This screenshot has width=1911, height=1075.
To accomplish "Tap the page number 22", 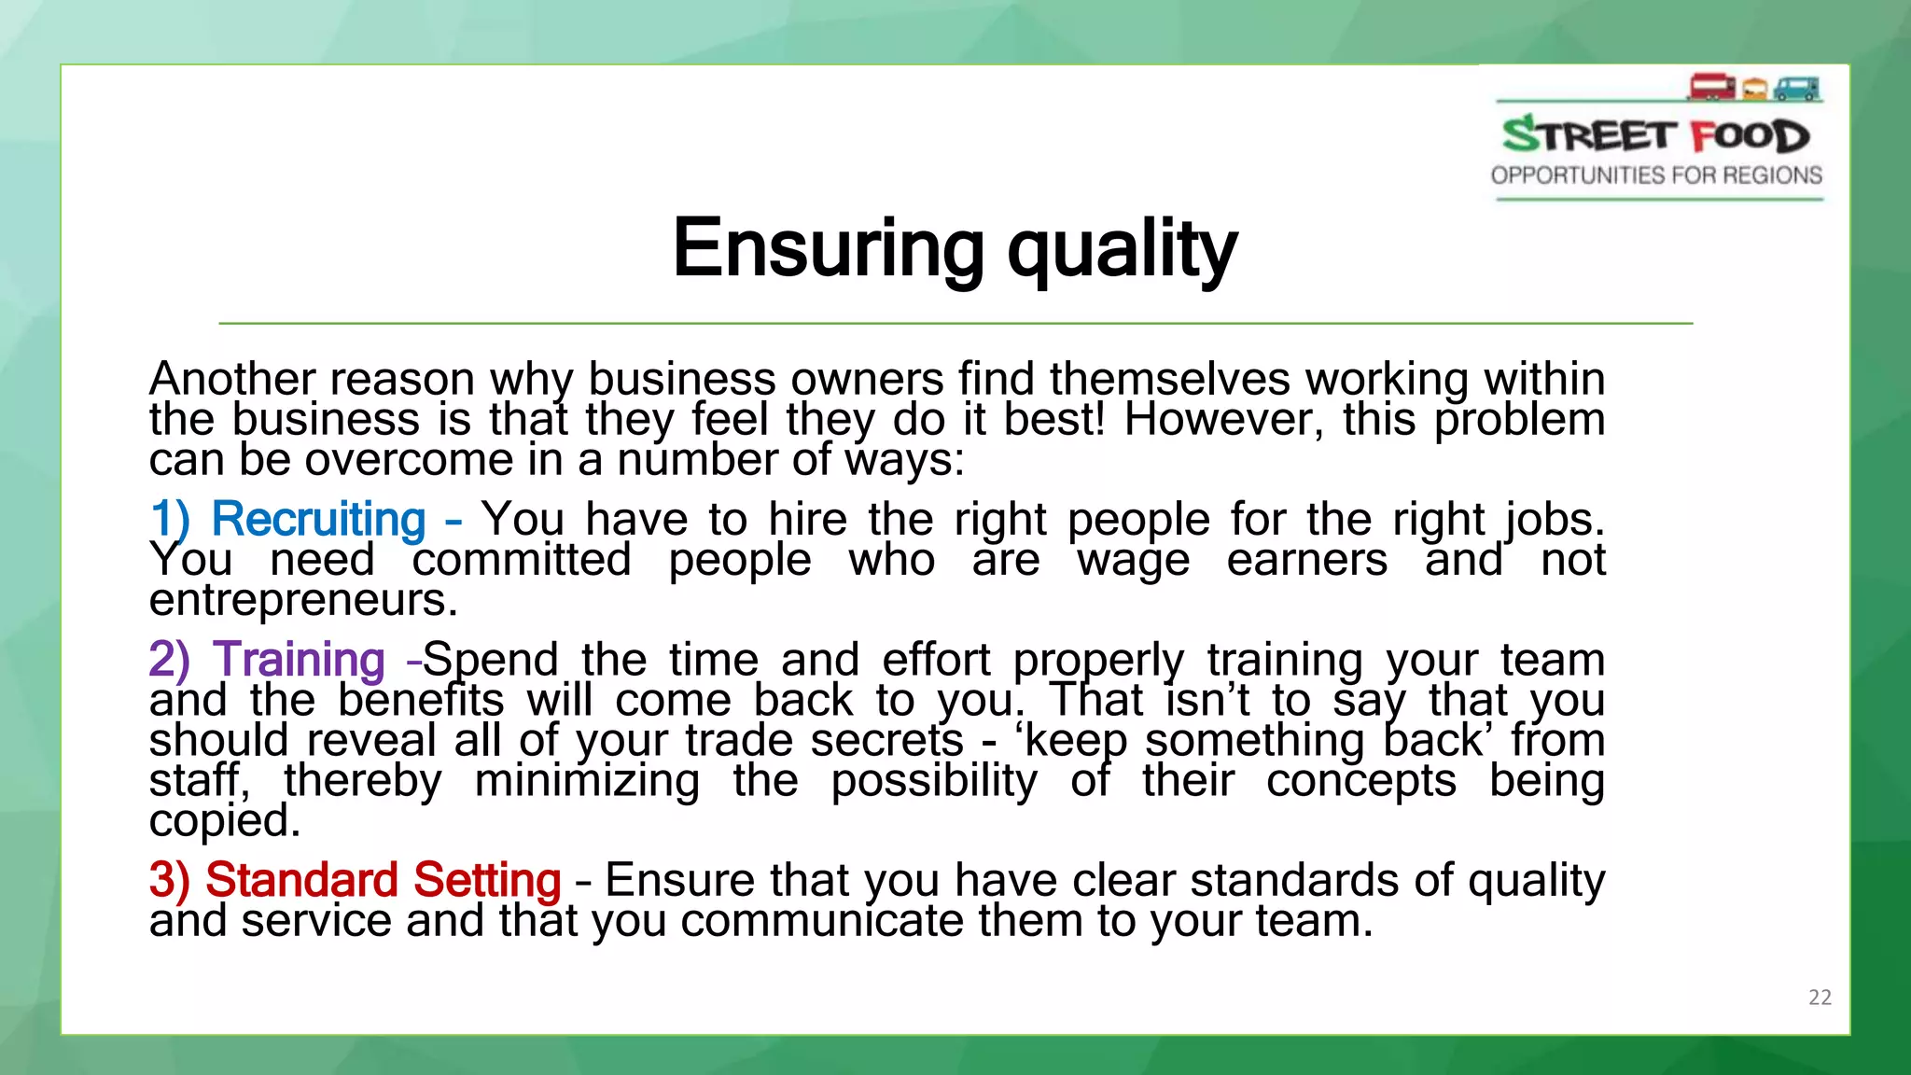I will (x=1820, y=998).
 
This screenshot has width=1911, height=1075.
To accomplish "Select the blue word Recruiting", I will (x=318, y=520).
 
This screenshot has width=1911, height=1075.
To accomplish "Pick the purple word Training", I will (x=299, y=661).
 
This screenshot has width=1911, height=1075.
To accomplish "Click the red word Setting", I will (x=487, y=880).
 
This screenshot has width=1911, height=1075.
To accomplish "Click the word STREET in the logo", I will (x=1589, y=136).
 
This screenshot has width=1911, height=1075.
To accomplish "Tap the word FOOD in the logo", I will (x=1750, y=136).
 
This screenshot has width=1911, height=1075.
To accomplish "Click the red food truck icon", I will (x=1710, y=88).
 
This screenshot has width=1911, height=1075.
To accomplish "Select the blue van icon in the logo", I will (x=1797, y=89).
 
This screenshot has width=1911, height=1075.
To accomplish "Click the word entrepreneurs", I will (x=303, y=600).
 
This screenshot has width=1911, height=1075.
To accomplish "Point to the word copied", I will (x=225, y=821).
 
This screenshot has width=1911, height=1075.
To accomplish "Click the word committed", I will (x=522, y=560).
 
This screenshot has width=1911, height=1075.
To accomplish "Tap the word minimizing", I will (x=587, y=780).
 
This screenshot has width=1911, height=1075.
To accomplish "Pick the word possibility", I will (x=934, y=780).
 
